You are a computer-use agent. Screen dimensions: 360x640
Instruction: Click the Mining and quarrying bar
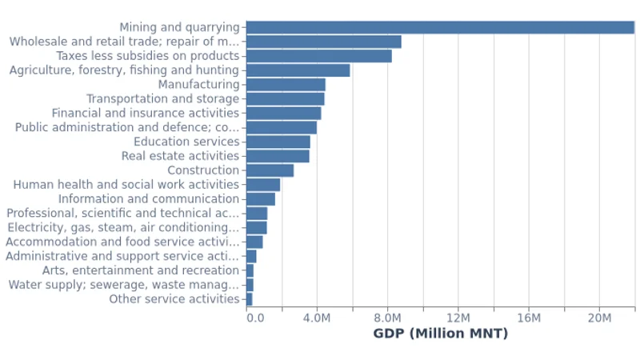[440, 27]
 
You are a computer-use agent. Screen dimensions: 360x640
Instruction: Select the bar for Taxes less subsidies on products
[318, 56]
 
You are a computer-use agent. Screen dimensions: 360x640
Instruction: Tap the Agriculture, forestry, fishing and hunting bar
[298, 70]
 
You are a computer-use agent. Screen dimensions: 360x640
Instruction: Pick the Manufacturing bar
[286, 85]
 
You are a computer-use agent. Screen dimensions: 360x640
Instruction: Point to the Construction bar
[270, 170]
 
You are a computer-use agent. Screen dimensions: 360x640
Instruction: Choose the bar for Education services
[278, 142]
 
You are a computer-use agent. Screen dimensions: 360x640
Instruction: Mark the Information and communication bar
[260, 199]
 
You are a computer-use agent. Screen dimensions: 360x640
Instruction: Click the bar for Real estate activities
[278, 156]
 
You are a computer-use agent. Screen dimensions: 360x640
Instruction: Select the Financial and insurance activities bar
[283, 114]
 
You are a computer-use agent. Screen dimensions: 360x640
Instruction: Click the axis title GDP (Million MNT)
[440, 334]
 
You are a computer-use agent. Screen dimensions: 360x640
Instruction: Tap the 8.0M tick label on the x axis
[388, 318]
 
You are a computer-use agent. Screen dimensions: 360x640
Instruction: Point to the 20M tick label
[599, 318]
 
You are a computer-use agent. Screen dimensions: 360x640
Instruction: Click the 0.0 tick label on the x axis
[255, 318]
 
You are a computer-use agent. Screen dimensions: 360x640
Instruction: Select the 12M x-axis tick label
[458, 318]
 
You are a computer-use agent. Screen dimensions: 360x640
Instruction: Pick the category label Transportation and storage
[162, 99]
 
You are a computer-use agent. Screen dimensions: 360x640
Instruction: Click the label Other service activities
[174, 299]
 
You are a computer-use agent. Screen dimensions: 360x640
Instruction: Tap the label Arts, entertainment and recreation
[140, 270]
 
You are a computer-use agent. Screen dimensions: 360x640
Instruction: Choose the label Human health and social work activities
[126, 185]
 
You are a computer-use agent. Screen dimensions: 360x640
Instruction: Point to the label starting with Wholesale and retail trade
[124, 42]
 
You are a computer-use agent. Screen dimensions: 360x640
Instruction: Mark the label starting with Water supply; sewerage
[123, 285]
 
